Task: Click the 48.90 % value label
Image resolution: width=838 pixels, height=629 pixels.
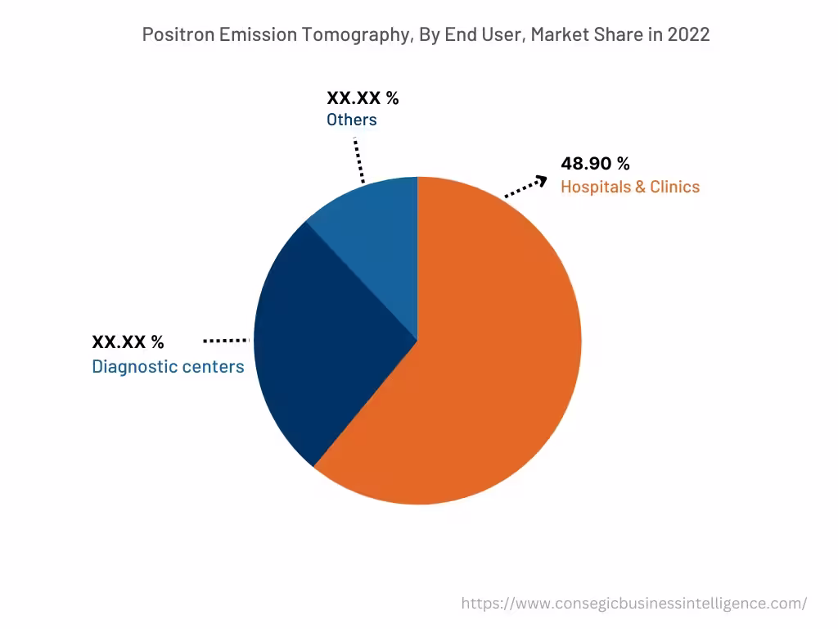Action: tap(595, 164)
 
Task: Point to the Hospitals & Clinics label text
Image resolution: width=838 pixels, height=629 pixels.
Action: tap(630, 187)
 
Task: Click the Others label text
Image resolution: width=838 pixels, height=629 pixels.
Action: tap(352, 120)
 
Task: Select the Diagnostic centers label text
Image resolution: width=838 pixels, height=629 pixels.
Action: tap(168, 367)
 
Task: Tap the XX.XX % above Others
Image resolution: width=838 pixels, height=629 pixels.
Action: tap(363, 98)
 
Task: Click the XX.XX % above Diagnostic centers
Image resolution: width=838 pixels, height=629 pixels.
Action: tap(128, 342)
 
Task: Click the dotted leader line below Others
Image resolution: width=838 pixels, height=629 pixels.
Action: tap(358, 159)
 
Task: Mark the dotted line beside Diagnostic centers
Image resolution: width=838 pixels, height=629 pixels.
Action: tap(226, 340)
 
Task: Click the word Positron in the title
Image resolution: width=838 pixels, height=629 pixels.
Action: tap(178, 34)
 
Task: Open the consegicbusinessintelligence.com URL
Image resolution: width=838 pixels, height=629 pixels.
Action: tap(634, 604)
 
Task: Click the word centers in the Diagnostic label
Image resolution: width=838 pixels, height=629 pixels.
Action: tap(215, 367)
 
